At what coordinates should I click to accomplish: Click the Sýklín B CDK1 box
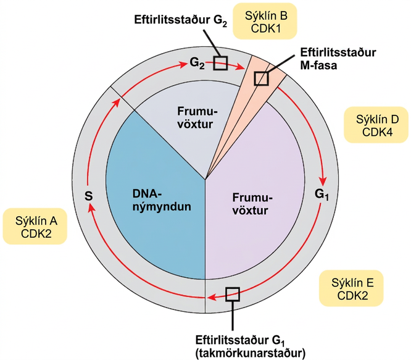(x=265, y=21)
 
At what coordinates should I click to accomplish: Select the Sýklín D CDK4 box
(x=376, y=125)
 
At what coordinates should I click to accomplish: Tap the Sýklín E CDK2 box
(x=352, y=288)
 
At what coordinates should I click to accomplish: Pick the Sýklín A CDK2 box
(x=35, y=226)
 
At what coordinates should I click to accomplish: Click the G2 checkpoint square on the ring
(x=220, y=63)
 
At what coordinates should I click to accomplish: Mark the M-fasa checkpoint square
(x=261, y=78)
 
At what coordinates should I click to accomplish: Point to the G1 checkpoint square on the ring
(x=233, y=294)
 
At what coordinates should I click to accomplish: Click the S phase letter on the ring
(x=89, y=196)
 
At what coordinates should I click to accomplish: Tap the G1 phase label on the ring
(x=322, y=195)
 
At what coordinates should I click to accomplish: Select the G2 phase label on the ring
(x=197, y=63)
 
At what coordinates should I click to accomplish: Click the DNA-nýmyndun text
(x=162, y=200)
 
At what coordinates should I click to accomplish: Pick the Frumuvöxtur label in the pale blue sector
(x=197, y=118)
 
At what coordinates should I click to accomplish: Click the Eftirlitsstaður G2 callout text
(x=181, y=20)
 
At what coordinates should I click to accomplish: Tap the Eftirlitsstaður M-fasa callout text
(x=338, y=59)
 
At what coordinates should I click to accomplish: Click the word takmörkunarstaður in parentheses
(x=251, y=354)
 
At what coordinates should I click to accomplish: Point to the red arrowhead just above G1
(x=323, y=181)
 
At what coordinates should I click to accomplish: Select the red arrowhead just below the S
(x=91, y=209)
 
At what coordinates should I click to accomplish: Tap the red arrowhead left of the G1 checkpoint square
(x=212, y=298)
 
